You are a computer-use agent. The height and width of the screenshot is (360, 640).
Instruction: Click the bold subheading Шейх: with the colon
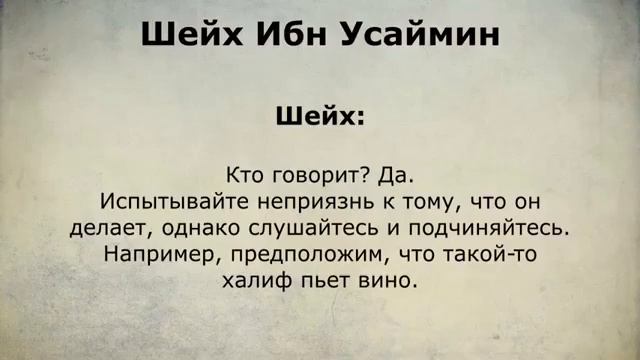click(320, 117)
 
